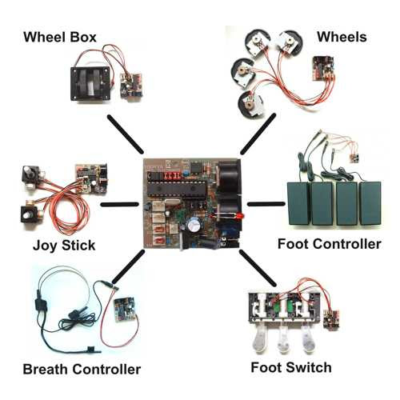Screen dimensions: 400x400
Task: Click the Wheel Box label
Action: tap(60, 37)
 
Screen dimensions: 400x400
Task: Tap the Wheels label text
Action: tap(342, 37)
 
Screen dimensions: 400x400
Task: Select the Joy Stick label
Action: tap(64, 246)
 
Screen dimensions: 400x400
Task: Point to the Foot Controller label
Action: tap(330, 244)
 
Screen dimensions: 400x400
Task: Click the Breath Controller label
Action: tap(82, 370)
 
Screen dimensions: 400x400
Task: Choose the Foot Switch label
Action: tap(291, 367)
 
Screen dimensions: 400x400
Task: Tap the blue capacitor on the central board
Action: tap(194, 226)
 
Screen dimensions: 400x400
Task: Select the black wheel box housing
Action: tap(90, 84)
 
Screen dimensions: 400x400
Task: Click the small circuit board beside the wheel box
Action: tap(131, 86)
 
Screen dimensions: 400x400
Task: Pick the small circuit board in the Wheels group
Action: tap(323, 67)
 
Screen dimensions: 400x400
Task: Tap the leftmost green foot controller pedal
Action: tap(299, 203)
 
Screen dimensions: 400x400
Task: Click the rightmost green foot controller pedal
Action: tap(370, 203)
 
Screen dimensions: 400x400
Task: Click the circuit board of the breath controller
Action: tap(124, 310)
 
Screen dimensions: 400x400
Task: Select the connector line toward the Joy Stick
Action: tap(120, 205)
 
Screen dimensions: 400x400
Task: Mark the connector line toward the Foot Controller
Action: tap(266, 204)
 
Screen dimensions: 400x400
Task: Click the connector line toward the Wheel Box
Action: tap(126, 134)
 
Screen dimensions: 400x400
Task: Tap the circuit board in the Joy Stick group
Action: tap(92, 178)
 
